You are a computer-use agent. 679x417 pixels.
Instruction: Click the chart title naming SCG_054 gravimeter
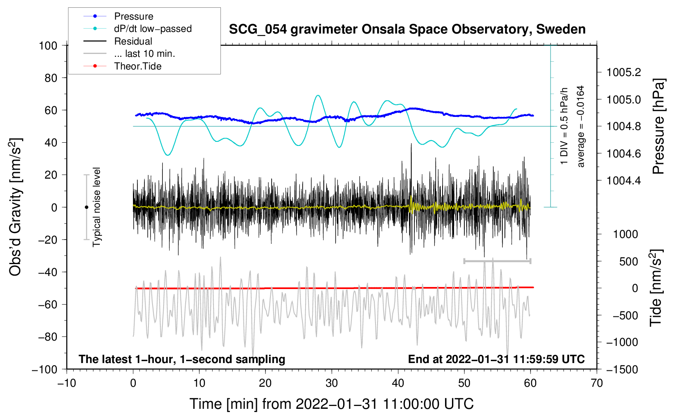407,29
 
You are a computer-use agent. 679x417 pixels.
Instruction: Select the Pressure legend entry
133,16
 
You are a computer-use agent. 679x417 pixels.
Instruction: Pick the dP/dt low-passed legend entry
153,29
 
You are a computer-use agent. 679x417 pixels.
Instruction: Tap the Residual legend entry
133,41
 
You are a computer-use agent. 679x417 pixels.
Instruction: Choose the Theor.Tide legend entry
137,66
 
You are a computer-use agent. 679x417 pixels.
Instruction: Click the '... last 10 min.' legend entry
144,54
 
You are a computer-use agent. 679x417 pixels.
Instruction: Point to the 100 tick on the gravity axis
48,45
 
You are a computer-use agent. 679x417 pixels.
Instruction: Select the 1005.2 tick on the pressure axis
624,72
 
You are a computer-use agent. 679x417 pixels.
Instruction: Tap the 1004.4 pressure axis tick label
624,180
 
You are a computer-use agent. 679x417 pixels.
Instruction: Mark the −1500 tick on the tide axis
622,369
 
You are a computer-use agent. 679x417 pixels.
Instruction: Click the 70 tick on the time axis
597,383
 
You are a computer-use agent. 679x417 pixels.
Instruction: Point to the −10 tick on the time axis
67,383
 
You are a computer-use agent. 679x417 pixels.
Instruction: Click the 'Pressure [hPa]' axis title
659,126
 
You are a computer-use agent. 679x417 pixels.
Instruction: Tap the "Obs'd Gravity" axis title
16,207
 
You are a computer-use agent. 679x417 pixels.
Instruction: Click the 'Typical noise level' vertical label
97,207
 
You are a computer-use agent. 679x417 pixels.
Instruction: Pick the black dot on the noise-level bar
86,207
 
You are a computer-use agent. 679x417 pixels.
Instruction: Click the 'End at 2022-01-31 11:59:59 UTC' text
496,359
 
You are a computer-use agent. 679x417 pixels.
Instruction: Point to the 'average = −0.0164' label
581,126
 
